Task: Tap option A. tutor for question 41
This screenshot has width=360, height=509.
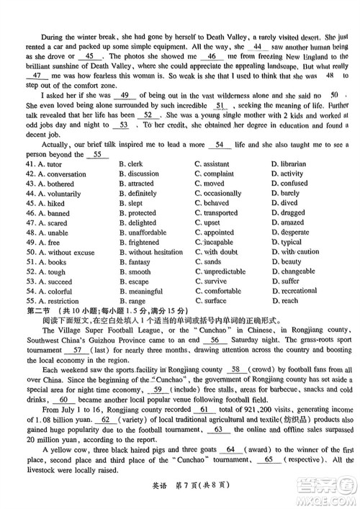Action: tap(50, 164)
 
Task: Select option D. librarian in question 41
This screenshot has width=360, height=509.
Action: tap(291, 164)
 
